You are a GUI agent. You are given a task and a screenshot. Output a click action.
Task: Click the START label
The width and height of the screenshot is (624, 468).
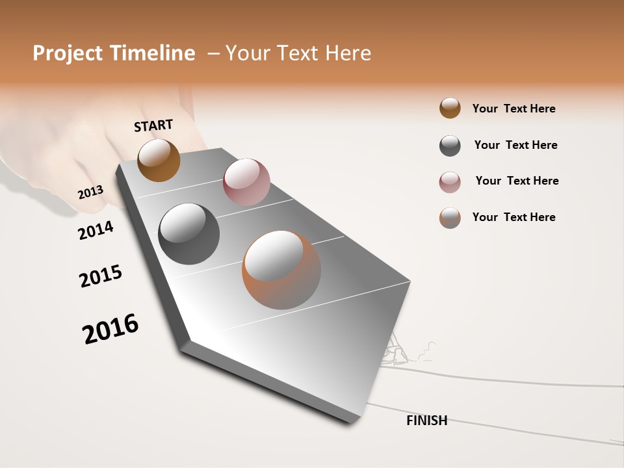coord(153,125)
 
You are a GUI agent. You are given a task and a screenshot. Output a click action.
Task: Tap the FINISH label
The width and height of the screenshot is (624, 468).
coord(427,421)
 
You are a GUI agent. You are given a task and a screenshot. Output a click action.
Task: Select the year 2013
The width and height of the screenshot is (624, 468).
coord(90,192)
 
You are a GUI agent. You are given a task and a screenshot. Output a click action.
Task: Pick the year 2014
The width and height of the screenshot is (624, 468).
coord(96,230)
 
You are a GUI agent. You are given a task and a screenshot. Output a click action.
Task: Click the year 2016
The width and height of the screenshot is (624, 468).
coord(110,329)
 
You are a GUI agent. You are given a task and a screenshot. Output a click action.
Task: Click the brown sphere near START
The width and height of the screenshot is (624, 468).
coord(159,160)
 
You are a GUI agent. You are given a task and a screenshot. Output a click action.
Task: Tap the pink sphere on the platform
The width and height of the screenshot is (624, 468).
coord(246,182)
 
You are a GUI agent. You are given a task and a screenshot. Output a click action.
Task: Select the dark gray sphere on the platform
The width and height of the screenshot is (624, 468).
coord(189,234)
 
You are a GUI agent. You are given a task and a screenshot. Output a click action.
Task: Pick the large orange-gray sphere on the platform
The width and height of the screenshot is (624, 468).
coord(281,270)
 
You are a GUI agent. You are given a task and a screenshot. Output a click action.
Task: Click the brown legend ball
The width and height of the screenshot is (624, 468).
coord(450,108)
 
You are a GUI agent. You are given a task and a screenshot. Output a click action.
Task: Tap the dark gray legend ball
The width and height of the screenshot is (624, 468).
coord(450,146)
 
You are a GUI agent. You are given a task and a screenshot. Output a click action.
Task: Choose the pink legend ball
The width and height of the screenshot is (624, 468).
coord(450,182)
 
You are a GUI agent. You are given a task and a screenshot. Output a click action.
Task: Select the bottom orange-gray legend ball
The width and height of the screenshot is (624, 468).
coord(450,218)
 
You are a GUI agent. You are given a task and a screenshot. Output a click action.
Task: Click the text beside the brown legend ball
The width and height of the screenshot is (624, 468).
coord(513,109)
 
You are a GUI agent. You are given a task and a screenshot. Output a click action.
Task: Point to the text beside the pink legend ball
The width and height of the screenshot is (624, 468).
coord(517,181)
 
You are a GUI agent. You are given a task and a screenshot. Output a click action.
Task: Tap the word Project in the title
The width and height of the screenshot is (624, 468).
coord(68,53)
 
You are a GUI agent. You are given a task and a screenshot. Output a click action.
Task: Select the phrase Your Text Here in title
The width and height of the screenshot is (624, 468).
coord(298,53)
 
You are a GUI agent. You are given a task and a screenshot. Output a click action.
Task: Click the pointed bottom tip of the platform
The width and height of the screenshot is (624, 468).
coord(354,421)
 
